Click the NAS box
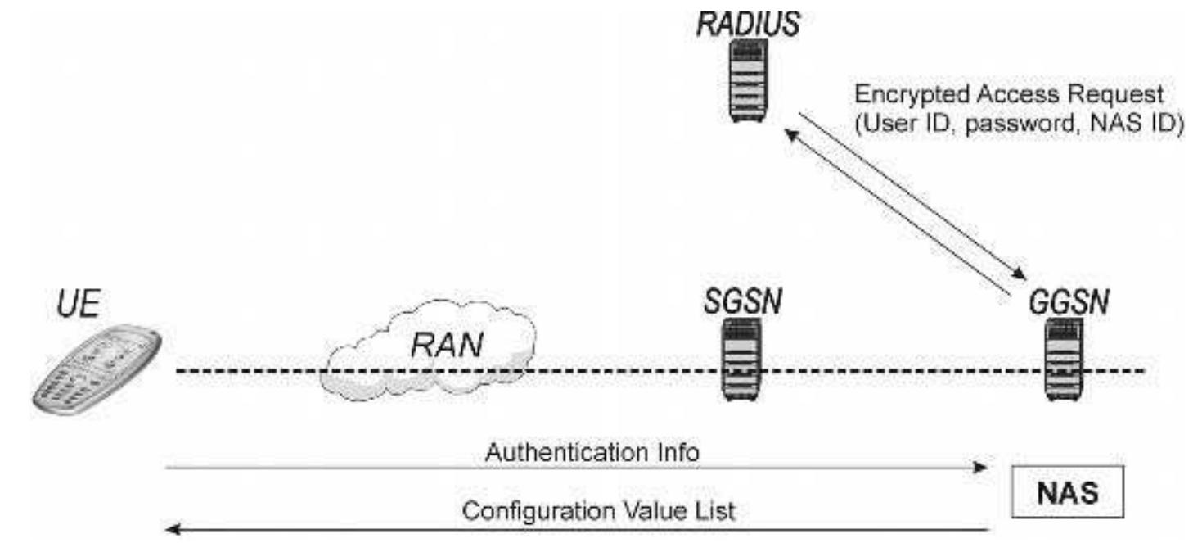coord(1062,494)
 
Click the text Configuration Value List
coord(599,511)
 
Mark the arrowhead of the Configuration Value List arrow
coord(172,529)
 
